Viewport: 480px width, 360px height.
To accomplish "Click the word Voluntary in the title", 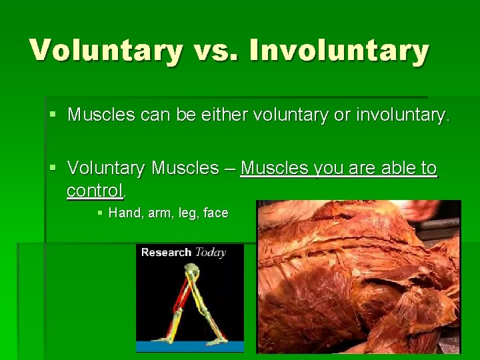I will (106, 50).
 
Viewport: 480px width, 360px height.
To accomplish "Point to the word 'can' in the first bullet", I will (156, 115).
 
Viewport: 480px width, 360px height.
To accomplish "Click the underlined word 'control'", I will (95, 191).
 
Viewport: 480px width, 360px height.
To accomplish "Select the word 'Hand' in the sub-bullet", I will (123, 213).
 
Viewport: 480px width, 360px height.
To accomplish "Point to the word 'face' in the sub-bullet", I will (216, 213).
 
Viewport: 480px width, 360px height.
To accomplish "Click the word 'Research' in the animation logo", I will (166, 252).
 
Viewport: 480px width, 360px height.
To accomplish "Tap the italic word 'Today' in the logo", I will (210, 252).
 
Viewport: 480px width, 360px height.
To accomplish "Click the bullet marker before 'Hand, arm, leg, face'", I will (100, 213).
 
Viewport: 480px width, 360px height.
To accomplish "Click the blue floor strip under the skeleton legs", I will (190, 345).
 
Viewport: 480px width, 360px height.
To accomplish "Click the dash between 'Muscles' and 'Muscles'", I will (229, 169).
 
